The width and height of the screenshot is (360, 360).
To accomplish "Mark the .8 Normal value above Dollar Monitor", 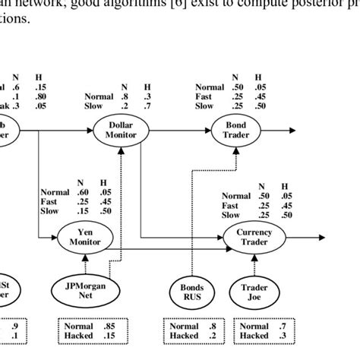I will pyautogui.click(x=124, y=96).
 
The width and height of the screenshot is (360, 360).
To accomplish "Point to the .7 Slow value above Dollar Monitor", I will pyautogui.click(x=146, y=107).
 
